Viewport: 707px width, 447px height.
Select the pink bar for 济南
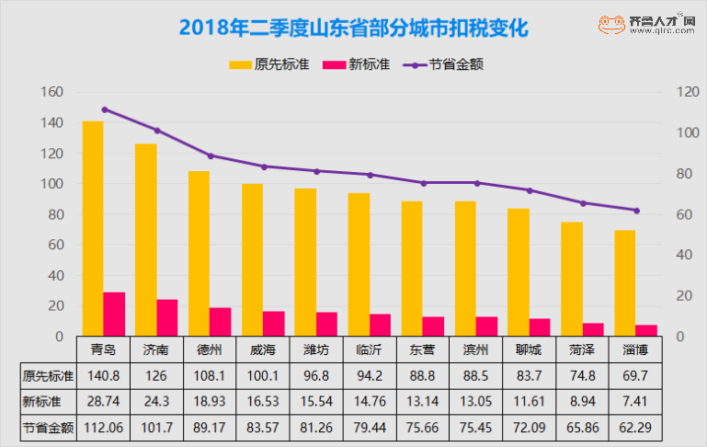167,317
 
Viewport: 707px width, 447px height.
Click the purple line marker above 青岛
104,109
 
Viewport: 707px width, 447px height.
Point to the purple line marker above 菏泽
583,203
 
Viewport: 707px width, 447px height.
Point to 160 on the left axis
51,92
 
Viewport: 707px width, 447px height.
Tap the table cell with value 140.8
103,374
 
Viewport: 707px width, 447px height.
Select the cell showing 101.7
156,429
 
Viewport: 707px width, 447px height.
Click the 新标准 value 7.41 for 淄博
635,402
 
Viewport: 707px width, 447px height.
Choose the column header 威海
262,350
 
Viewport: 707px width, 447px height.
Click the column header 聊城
529,350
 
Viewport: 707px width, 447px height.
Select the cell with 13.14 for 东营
422,402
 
